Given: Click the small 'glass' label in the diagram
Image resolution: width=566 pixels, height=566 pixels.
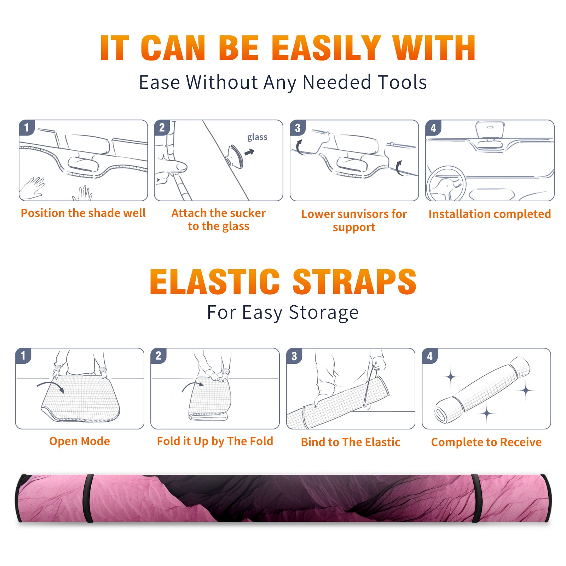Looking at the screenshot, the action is (x=257, y=137).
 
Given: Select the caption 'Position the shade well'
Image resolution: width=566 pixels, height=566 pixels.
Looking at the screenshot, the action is (x=83, y=213).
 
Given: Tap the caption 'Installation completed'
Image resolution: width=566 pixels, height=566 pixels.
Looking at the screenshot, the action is (x=490, y=214).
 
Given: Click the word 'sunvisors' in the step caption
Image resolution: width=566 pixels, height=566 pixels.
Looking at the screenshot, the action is (x=358, y=214).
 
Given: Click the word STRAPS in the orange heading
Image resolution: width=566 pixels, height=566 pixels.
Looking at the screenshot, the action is (x=354, y=282).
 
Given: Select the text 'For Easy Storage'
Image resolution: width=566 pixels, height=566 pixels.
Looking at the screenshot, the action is (x=283, y=312).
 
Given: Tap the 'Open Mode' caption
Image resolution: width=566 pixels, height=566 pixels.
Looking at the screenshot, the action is (x=80, y=441).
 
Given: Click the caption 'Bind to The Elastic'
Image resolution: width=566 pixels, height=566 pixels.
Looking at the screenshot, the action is (x=350, y=442).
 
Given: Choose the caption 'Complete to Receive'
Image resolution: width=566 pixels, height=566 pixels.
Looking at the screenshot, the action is (x=486, y=442).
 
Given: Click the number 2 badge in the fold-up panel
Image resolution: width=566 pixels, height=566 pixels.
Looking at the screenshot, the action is (x=158, y=356).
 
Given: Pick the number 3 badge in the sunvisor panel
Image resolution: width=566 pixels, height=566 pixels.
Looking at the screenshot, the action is (x=298, y=128).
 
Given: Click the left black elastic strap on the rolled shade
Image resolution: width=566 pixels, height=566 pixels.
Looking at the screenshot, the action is (x=88, y=498).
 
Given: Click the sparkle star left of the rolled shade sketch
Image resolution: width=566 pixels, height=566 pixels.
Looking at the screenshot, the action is (x=451, y=377).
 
